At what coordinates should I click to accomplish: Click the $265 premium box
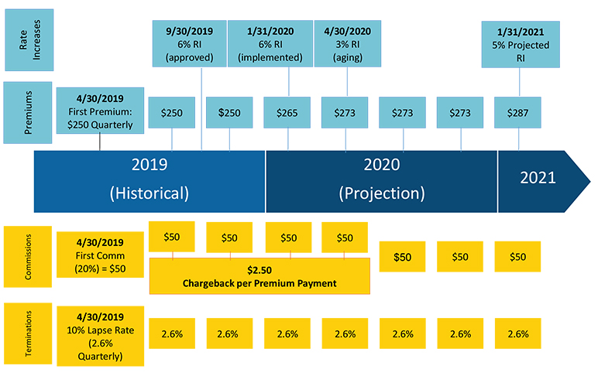287,113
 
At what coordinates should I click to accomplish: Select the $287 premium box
517,113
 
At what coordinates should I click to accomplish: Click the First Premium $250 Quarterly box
99,110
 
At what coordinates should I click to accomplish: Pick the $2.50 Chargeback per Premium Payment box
259,276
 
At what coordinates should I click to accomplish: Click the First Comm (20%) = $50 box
99,255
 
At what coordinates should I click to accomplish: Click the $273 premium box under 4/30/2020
345,113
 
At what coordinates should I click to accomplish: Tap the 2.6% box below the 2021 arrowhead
517,333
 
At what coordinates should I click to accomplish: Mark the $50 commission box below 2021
517,256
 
